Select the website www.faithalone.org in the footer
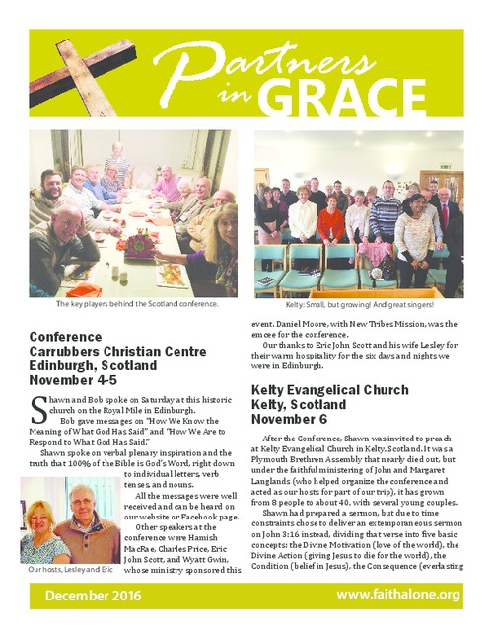[397, 595]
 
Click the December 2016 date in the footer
[93, 596]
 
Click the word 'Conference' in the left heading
[68, 337]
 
